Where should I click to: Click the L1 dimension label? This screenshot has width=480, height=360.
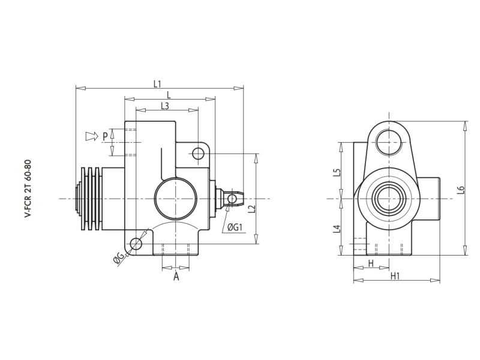(158, 83)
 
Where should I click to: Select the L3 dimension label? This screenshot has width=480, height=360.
(165, 106)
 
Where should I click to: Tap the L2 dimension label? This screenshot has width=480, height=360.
(251, 209)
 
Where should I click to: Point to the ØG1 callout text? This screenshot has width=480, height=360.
(234, 227)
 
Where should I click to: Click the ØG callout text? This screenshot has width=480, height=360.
(119, 259)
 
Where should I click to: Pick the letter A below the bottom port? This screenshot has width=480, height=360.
(176, 277)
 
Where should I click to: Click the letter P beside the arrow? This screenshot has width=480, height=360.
(105, 136)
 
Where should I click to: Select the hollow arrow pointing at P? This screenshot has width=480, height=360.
(91, 136)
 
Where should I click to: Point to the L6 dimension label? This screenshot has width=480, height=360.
(460, 190)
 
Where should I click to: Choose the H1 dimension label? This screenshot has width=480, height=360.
(395, 276)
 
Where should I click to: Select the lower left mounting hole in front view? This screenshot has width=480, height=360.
(137, 244)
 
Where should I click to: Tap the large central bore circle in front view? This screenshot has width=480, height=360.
(175, 199)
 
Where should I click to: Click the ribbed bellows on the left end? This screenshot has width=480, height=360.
(91, 198)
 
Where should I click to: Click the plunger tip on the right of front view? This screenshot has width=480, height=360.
(235, 198)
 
